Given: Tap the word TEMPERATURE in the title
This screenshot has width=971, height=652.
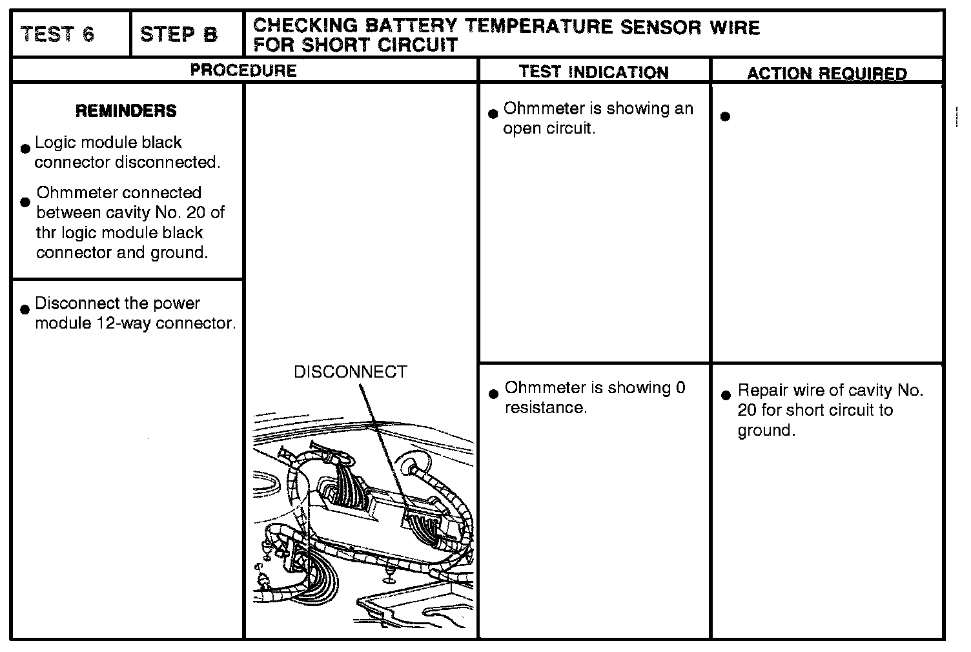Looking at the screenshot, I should [x=540, y=26].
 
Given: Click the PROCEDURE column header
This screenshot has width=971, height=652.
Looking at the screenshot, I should [x=243, y=70].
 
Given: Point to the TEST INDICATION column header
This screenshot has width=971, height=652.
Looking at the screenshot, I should [x=593, y=72].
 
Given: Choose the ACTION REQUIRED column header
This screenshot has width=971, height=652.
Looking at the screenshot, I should [x=826, y=74].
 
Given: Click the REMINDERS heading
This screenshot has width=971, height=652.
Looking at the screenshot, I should [x=126, y=111].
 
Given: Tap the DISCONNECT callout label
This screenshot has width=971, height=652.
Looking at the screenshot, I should [x=350, y=372].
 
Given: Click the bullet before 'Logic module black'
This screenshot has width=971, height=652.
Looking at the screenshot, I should [x=25, y=148].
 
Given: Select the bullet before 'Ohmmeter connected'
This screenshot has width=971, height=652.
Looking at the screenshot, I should [x=25, y=202].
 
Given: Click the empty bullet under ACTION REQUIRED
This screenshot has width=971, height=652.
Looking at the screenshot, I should [x=725, y=117].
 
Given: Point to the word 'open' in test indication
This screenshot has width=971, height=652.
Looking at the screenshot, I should [x=522, y=128].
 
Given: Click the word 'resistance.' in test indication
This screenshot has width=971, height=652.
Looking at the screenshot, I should [x=546, y=407].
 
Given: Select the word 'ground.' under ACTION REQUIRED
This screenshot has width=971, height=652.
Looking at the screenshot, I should [x=766, y=431].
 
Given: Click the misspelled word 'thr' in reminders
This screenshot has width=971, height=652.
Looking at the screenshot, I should [x=46, y=232].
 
